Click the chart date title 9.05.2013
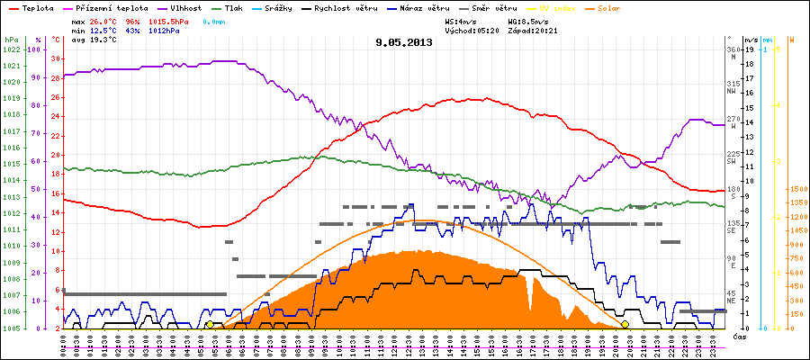coord(404,42)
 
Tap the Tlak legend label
coord(233,6)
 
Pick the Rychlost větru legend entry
coord(337,6)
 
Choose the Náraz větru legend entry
coord(418,6)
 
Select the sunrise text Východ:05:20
coord(471,29)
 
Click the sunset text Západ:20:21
coord(532,29)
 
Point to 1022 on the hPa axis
coord(10,49)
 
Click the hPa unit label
coord(10,40)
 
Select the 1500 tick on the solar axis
coord(797,190)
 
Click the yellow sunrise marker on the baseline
coord(210,325)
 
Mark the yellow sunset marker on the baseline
coord(625,325)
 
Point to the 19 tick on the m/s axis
coord(751,49)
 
